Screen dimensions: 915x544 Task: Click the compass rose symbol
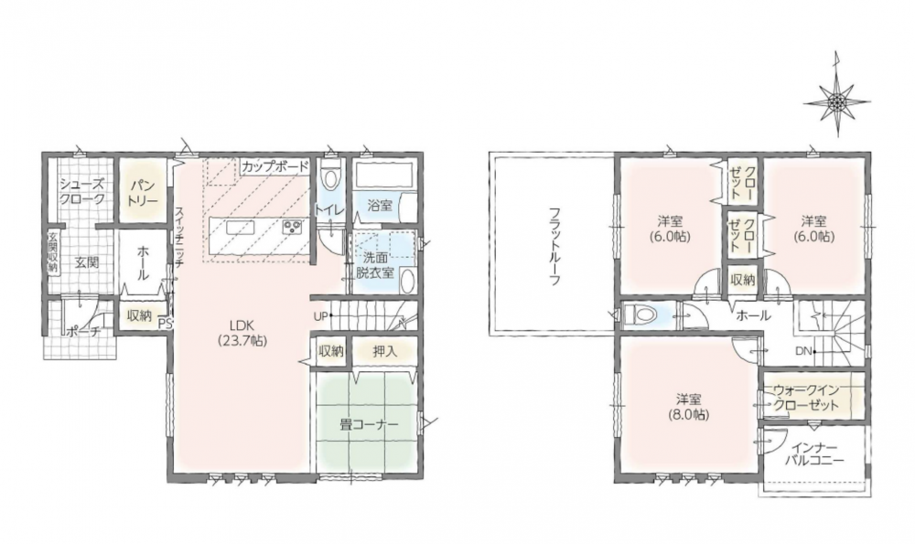click(838, 102)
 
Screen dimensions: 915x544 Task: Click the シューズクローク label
click(83, 191)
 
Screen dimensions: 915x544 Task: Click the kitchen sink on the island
click(238, 228)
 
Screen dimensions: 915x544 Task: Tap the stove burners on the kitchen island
click(291, 228)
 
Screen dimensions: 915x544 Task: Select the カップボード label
click(274, 166)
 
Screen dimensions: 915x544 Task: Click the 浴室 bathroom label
click(380, 205)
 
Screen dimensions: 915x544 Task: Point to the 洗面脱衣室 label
click(374, 265)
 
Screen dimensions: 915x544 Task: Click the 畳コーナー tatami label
click(368, 424)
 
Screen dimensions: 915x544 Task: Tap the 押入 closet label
click(384, 351)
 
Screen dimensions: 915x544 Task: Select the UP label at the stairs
click(320, 316)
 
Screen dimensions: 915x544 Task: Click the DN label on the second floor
click(802, 351)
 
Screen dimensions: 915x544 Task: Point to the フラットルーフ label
click(554, 245)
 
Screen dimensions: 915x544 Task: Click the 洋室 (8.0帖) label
click(689, 407)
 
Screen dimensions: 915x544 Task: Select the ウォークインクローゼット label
click(806, 399)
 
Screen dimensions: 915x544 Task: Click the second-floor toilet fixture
click(640, 315)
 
